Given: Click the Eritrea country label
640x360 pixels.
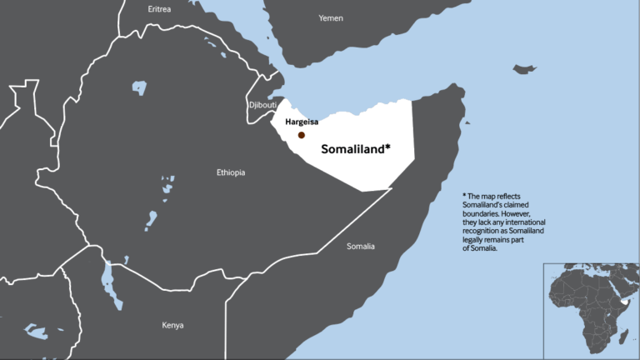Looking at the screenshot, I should click(159, 9).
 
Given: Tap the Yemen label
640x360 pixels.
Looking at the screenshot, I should click(331, 17).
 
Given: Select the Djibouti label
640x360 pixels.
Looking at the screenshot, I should click(262, 105).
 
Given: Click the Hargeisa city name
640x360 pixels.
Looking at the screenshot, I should click(302, 122).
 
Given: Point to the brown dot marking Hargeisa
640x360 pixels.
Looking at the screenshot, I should click(302, 134).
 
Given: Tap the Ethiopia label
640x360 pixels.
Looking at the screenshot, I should click(231, 172).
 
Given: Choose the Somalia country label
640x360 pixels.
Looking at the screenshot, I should click(361, 246).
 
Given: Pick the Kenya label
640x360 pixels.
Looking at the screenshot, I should click(172, 325).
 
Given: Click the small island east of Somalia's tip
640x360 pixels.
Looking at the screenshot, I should click(524, 68).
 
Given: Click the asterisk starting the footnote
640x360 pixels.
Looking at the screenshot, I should click(465, 197).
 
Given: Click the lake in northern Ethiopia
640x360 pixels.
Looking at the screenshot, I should click(139, 87).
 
